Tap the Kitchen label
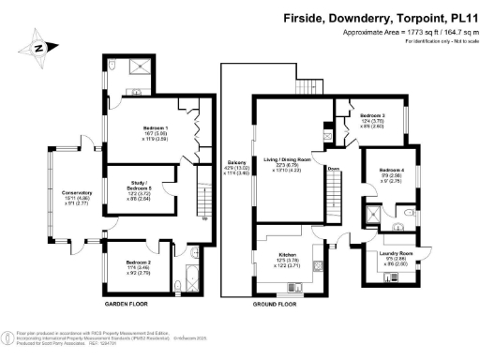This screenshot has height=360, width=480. [288, 255]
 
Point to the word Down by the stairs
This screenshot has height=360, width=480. [334, 170]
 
